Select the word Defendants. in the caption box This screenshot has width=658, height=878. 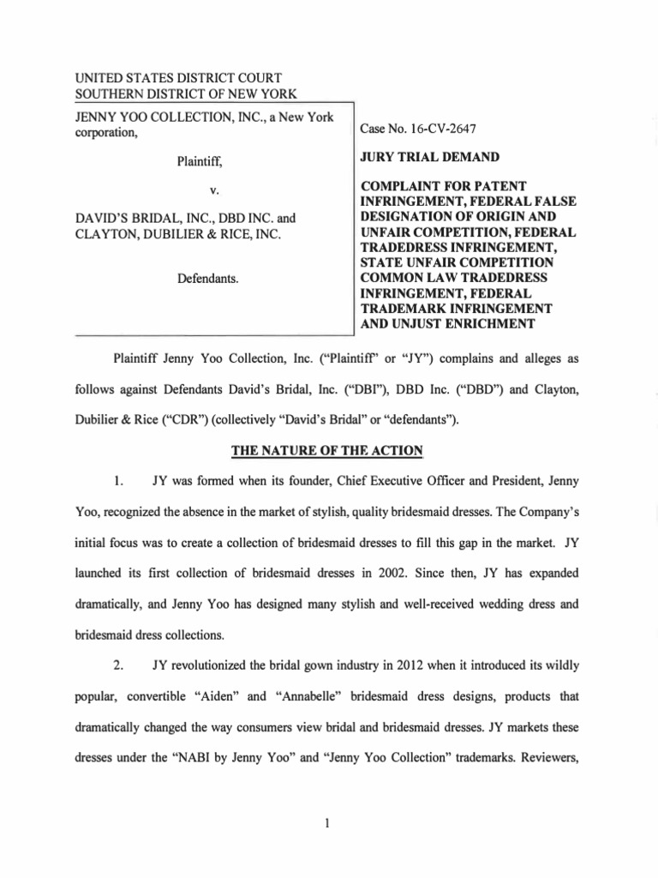pos(206,279)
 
